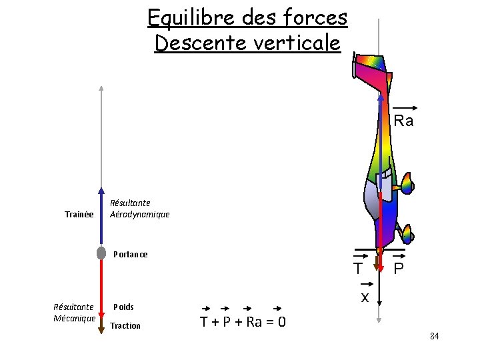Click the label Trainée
coord(79,215)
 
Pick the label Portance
coord(131,255)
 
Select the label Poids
coord(123,307)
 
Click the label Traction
coord(125,326)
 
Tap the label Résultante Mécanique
coord(74,313)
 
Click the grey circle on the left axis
coord(101,253)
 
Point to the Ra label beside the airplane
coord(403,121)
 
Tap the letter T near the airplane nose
coord(359,269)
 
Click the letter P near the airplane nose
coord(398,269)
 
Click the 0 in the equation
coord(283,323)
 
